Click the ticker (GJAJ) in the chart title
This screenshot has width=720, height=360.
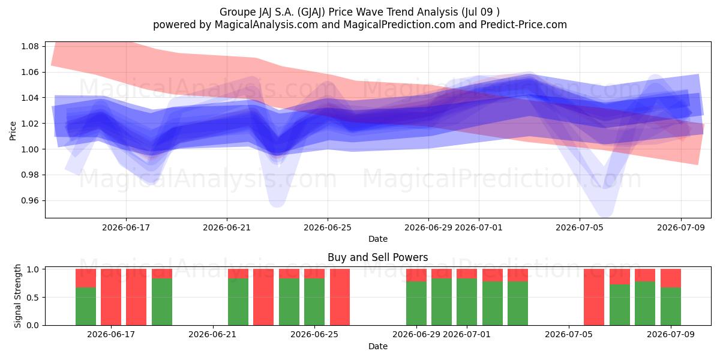pos(311,12)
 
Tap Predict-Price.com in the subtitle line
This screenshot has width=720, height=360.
pos(524,25)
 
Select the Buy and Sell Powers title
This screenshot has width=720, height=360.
pos(377,257)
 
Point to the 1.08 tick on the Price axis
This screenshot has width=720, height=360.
pos(30,46)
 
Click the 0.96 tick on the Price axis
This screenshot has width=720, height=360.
pos(30,201)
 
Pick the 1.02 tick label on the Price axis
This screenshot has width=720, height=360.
pos(30,124)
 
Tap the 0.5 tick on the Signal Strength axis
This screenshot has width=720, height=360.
pos(32,298)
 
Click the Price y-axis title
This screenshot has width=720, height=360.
pos(13,131)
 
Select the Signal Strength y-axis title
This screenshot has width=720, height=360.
pos(17,296)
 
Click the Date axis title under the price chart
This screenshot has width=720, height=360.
pos(377,239)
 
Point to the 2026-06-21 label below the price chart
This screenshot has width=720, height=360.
pos(227,228)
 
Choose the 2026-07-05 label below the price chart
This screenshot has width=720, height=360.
pos(580,228)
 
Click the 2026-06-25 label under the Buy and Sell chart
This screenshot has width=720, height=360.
pos(314,335)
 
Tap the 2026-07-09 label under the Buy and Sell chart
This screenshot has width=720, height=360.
pos(671,335)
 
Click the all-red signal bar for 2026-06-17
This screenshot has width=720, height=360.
pos(111,297)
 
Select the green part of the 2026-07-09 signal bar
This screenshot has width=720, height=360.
pos(671,307)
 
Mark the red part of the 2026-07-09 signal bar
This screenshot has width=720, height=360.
pos(671,278)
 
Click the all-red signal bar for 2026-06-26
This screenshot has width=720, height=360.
pos(340,297)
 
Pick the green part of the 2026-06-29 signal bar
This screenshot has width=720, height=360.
pos(416,304)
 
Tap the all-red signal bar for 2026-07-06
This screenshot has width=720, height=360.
pos(594,297)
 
